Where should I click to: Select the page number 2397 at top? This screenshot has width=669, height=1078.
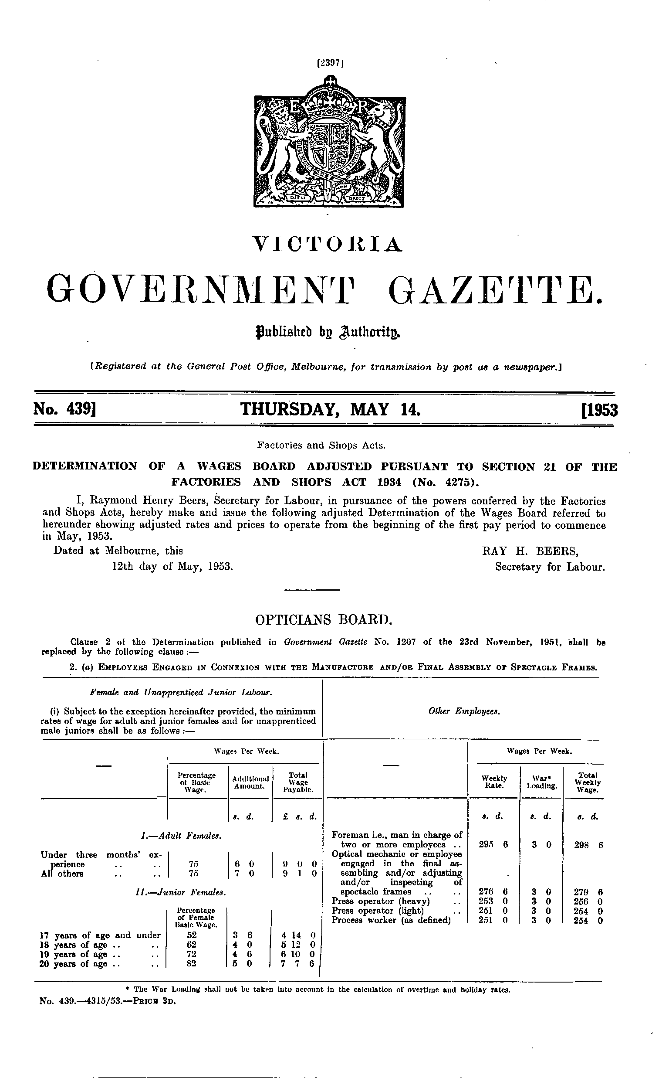point(330,63)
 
